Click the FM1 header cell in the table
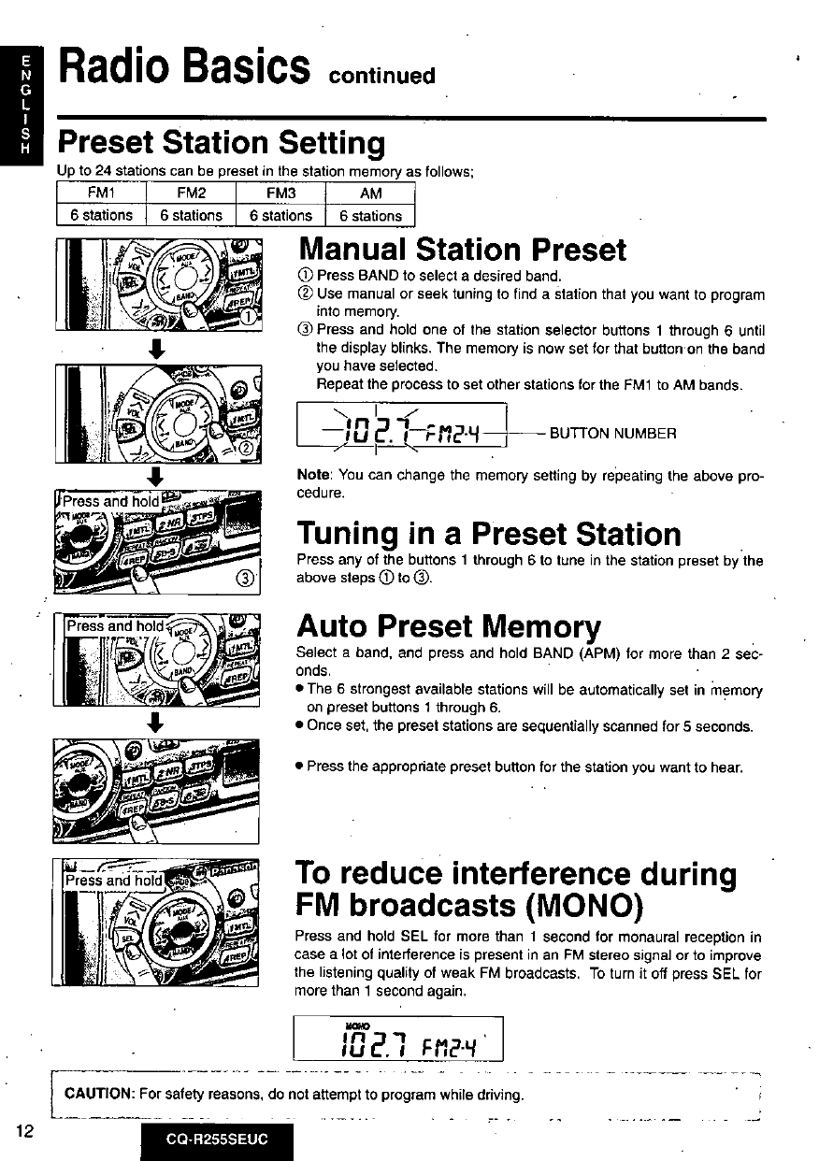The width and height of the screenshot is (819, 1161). pyautogui.click(x=102, y=194)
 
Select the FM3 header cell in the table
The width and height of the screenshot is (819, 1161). pyautogui.click(x=280, y=194)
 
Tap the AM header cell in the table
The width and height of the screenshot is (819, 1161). pyautogui.click(x=370, y=194)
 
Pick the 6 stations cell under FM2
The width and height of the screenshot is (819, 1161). pyautogui.click(x=191, y=215)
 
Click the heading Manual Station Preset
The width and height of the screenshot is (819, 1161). pyautogui.click(x=462, y=250)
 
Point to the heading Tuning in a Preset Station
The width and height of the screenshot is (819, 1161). pyautogui.click(x=489, y=535)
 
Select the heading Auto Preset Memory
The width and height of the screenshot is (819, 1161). pyautogui.click(x=449, y=625)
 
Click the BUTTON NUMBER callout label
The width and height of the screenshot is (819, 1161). pyautogui.click(x=611, y=433)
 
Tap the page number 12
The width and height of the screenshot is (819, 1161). pyautogui.click(x=25, y=1130)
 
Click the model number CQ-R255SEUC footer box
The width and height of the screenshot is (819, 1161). pyautogui.click(x=217, y=1141)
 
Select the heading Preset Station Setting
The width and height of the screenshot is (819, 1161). pyautogui.click(x=221, y=144)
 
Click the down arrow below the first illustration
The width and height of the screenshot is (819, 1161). pyautogui.click(x=157, y=352)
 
